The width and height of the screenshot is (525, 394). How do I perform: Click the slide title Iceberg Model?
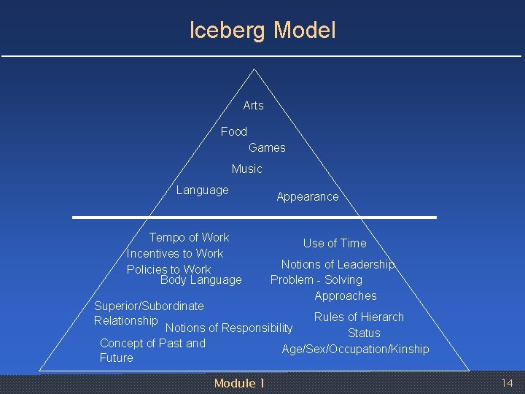click(x=262, y=31)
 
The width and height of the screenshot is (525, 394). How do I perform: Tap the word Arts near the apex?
click(x=253, y=106)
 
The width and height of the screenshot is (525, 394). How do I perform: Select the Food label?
click(x=234, y=131)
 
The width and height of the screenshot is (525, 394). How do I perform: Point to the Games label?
click(x=267, y=148)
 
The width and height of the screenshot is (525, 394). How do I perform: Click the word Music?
click(x=246, y=169)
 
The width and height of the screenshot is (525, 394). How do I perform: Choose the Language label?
click(x=202, y=190)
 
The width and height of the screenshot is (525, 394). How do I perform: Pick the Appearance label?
click(x=307, y=197)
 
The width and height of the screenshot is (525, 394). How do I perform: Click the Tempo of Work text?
click(x=189, y=238)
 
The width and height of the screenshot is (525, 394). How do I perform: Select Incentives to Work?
click(x=175, y=254)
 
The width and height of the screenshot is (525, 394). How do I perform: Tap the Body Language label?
click(x=201, y=280)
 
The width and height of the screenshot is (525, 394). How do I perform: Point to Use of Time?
click(x=335, y=244)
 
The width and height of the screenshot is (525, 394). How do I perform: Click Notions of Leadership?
click(x=338, y=265)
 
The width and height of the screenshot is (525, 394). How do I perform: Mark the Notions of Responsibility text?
click(x=229, y=328)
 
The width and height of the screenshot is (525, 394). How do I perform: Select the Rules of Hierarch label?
click(x=359, y=317)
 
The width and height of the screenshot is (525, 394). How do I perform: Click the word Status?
click(x=364, y=333)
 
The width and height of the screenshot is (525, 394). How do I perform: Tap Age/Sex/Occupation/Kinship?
click(x=355, y=349)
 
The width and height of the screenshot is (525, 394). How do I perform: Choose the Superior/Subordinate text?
click(x=149, y=306)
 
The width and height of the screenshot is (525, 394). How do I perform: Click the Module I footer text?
click(x=239, y=384)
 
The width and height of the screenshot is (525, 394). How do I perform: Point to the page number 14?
click(x=507, y=384)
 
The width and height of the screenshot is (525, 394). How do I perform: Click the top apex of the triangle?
click(x=254, y=70)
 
